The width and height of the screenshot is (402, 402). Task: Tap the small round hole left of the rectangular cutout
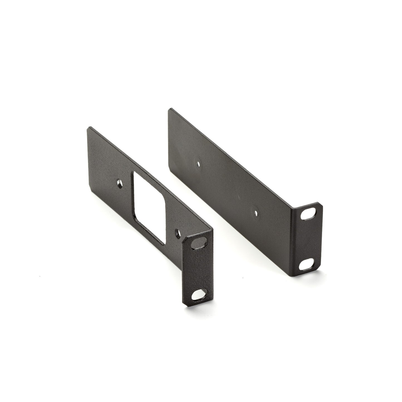pos(119,184)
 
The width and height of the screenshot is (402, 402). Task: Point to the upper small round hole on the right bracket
pos(198,164)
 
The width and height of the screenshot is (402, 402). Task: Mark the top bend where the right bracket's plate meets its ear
pos(295,207)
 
